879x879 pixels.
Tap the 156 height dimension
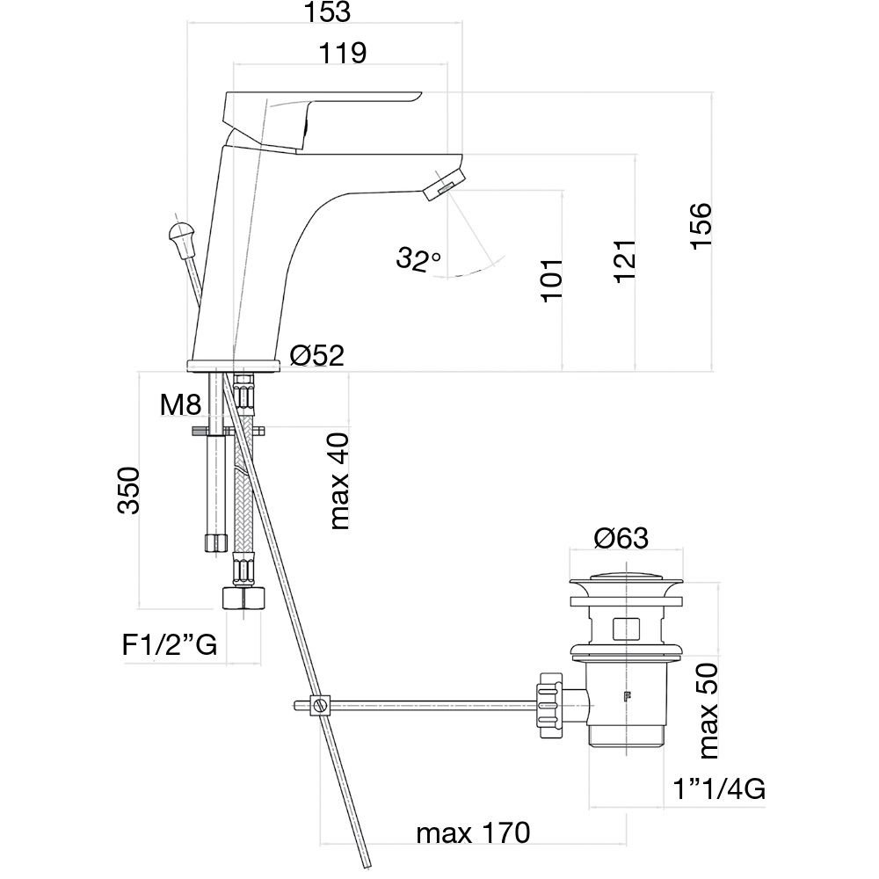point(701,226)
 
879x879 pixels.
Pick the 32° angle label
point(418,258)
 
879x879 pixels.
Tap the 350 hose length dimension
point(128,490)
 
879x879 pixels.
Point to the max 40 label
point(338,480)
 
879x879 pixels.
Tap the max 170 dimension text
point(474,832)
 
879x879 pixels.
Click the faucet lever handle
point(316,110)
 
